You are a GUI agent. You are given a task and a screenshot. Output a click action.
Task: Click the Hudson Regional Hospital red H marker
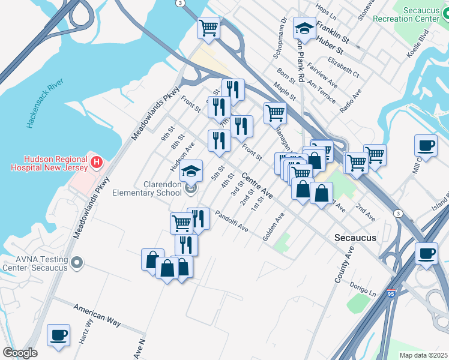[x=96, y=162]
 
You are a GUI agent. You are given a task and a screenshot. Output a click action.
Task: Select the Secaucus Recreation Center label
[x=414, y=14]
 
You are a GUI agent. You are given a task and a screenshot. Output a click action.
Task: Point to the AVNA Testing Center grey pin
[x=76, y=263]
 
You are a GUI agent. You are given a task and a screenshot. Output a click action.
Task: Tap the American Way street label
[x=97, y=315]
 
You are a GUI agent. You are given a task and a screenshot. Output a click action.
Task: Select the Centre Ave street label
[x=258, y=187]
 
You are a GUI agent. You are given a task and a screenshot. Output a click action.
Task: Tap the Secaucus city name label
[x=355, y=238]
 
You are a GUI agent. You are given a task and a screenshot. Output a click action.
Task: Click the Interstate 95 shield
[x=391, y=294]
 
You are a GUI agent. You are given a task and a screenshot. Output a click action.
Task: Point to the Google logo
[x=20, y=353]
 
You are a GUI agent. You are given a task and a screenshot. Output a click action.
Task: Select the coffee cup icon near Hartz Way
[x=58, y=335]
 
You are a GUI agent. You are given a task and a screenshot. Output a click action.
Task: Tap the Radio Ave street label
[x=351, y=102]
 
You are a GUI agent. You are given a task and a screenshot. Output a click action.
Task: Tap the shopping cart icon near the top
[x=208, y=28]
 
